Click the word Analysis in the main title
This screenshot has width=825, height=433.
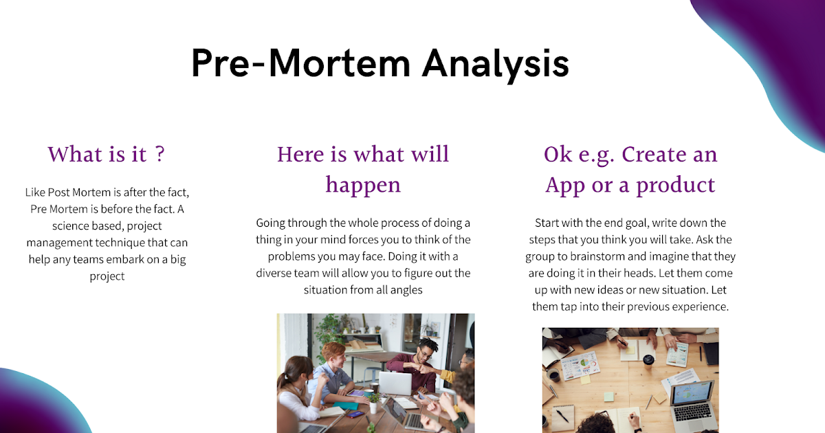tap(495, 63)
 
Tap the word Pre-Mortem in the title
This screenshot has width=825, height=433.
tap(300, 63)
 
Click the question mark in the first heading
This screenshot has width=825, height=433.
tap(159, 154)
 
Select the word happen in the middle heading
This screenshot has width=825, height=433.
tap(363, 185)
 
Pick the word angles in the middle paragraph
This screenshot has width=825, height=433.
tap(406, 289)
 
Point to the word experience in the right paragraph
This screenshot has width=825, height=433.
tap(697, 306)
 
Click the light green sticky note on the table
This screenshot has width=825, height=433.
tap(608, 397)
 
